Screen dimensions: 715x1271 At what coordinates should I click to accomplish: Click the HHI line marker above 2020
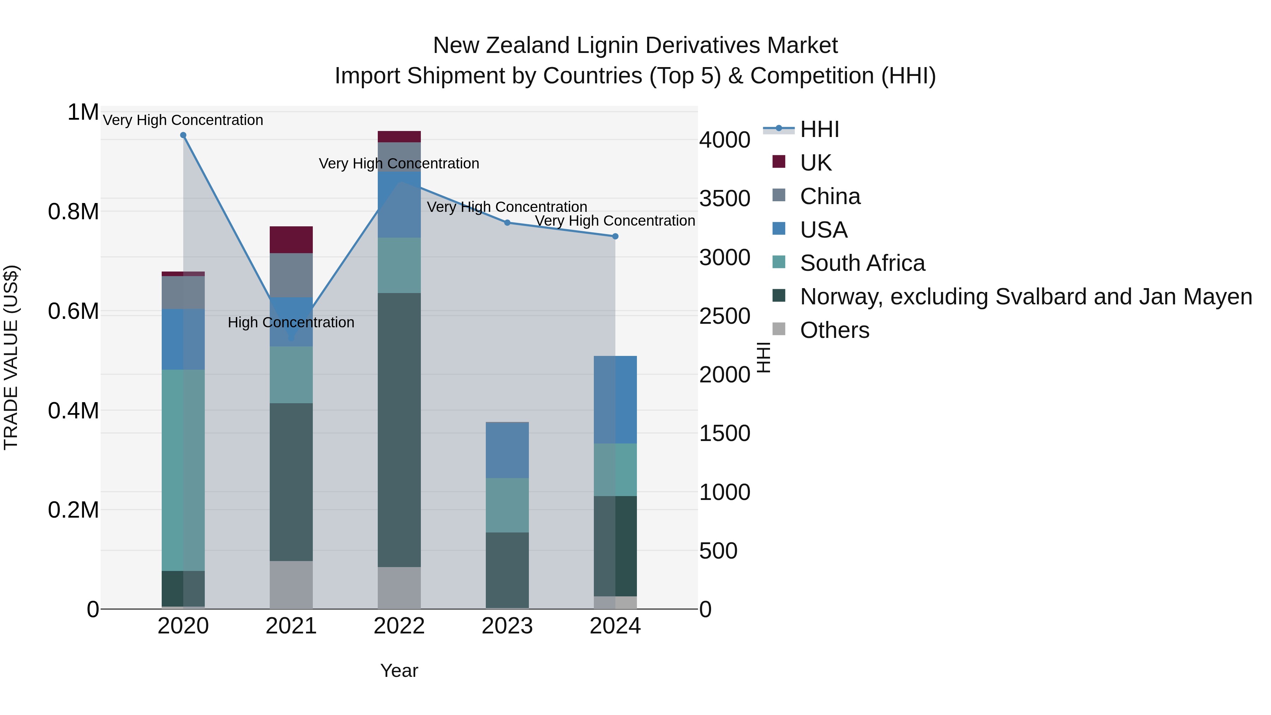pos(183,135)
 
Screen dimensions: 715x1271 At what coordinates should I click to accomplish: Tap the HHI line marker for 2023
pos(507,222)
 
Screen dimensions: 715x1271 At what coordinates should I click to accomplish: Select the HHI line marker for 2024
pos(615,236)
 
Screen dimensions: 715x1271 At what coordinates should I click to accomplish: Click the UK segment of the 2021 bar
pos(291,240)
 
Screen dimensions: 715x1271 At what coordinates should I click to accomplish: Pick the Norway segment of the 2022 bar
pos(399,429)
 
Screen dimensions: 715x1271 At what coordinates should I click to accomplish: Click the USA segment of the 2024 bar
pos(615,400)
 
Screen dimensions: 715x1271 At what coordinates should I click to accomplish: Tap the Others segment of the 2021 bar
pos(291,584)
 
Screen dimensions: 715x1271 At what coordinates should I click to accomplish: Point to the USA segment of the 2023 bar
pos(507,450)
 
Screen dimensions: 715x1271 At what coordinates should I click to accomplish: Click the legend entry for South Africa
pos(862,263)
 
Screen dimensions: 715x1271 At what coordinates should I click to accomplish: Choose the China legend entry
pos(830,196)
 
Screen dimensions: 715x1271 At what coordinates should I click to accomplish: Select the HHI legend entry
pos(819,129)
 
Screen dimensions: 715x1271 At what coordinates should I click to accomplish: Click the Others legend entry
pos(834,330)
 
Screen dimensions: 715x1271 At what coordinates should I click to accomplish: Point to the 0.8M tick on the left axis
pos(73,212)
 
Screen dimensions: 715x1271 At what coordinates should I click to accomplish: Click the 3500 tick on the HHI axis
pos(724,198)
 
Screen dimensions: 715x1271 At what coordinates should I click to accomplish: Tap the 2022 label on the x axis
pos(399,626)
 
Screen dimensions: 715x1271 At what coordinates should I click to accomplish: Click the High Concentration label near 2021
pos(291,322)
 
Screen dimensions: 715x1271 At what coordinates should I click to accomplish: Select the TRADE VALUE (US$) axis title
pos(11,357)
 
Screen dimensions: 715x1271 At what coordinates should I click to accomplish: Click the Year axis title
pos(399,671)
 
